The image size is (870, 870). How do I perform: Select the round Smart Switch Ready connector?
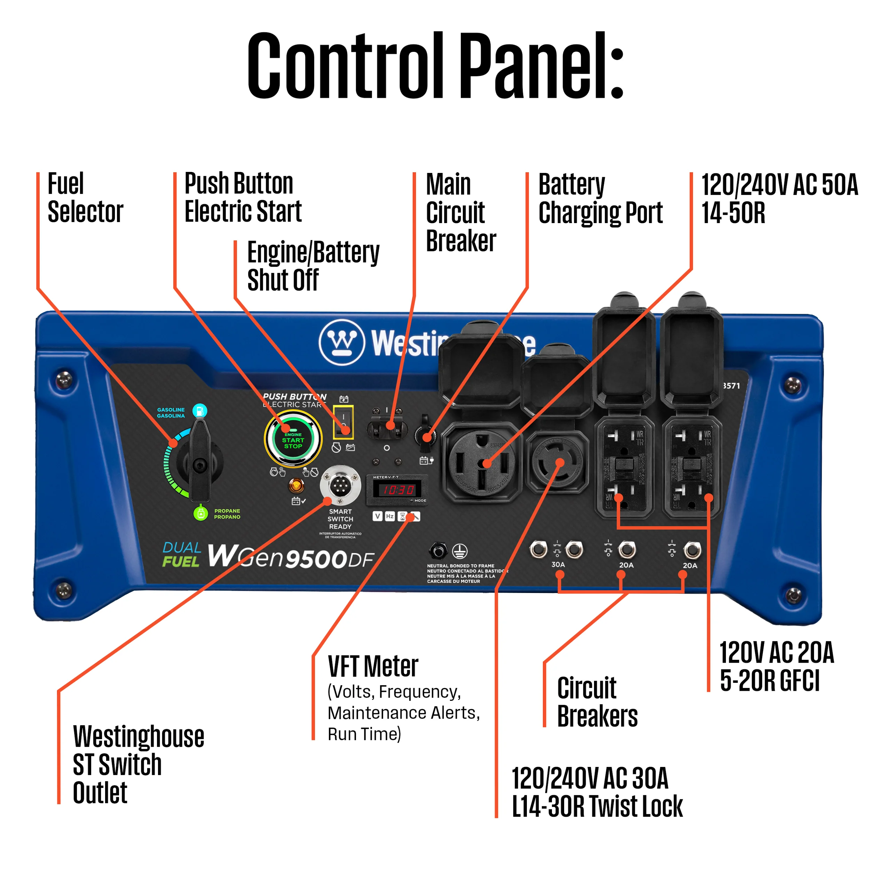click(340, 485)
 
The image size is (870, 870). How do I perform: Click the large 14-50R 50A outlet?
click(481, 463)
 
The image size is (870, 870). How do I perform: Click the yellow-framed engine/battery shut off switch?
click(343, 422)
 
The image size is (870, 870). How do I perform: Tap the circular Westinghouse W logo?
click(342, 342)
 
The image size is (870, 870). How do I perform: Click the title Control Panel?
click(435, 65)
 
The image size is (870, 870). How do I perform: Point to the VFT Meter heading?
click(373, 666)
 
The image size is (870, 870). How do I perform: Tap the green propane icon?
click(200, 513)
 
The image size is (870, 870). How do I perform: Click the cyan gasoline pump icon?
click(199, 410)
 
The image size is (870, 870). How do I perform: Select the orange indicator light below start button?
click(296, 485)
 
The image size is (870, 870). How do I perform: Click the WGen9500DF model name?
click(291, 557)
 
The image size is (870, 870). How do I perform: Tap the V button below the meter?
click(377, 516)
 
